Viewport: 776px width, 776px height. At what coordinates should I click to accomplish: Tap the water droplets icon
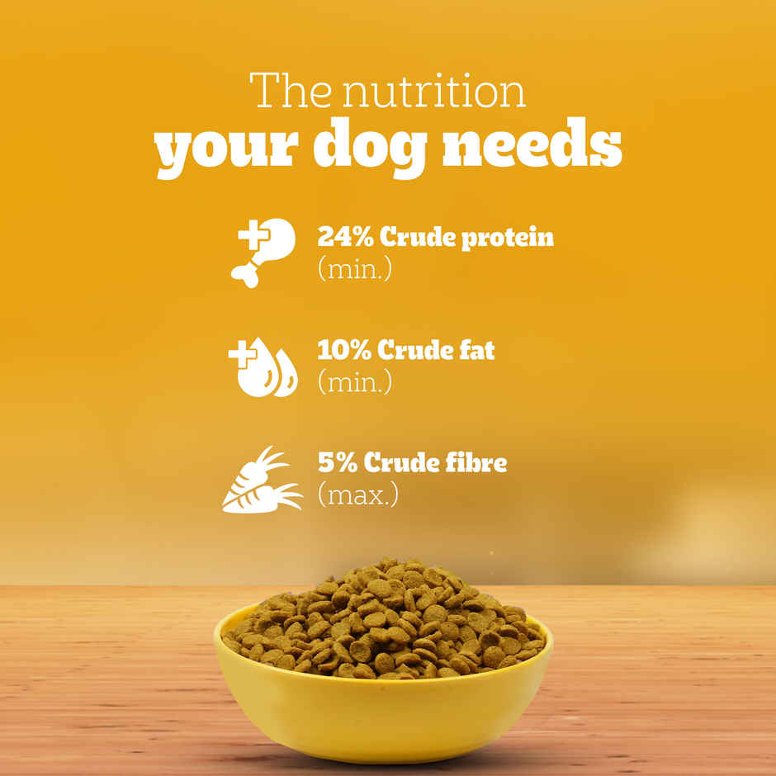[x=264, y=367]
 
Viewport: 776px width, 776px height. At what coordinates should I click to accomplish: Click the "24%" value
[x=344, y=238]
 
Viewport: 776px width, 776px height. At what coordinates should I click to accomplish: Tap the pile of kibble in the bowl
[x=385, y=619]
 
